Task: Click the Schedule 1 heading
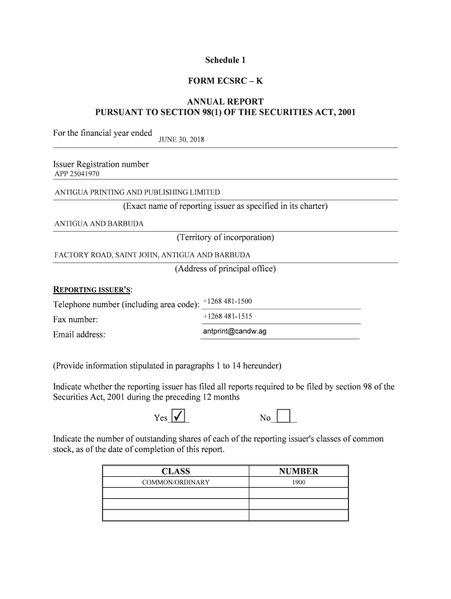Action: pos(225,60)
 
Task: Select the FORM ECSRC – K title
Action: pos(225,81)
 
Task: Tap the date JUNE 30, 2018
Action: pos(182,140)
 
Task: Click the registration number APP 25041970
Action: pos(77,174)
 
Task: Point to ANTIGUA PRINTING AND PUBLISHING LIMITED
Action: pos(137,192)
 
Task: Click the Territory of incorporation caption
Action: pos(225,237)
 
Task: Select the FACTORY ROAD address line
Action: pos(152,255)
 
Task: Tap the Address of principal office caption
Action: pos(225,269)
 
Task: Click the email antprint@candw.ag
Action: pos(234,331)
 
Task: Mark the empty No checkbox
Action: pos(283,416)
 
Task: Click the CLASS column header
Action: pos(176,471)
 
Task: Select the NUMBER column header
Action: pos(299,471)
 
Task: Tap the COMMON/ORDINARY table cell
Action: pos(176,483)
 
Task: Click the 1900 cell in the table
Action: pos(299,483)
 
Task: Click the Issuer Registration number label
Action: pos(101,164)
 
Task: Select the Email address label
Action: pos(79,335)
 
